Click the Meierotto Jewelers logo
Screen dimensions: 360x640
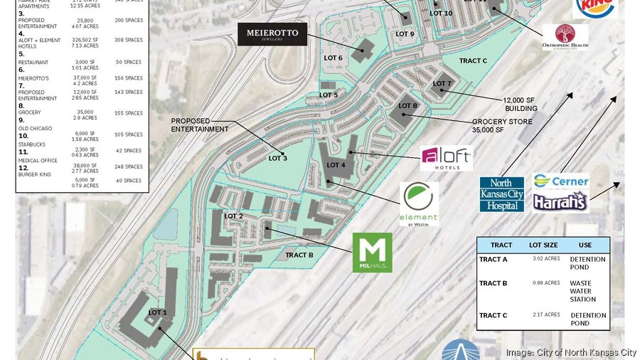point(272,33)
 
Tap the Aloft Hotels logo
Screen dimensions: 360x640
point(446,158)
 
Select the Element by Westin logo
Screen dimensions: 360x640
point(419,203)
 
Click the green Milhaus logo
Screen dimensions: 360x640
point(372,252)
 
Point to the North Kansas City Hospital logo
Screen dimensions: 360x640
point(502,194)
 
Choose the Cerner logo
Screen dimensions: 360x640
point(561,181)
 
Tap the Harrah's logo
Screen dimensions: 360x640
point(560,201)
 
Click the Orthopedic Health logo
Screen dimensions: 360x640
point(565,36)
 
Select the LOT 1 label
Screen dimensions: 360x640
point(157,312)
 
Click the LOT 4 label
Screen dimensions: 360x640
point(336,165)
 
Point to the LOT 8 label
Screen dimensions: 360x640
point(408,106)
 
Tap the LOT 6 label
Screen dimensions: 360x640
point(334,58)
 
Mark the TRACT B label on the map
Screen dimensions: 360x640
point(299,255)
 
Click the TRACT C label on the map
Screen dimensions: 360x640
point(473,61)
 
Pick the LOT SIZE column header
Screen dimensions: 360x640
point(543,245)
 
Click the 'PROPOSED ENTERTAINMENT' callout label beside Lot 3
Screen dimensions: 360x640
point(199,125)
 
